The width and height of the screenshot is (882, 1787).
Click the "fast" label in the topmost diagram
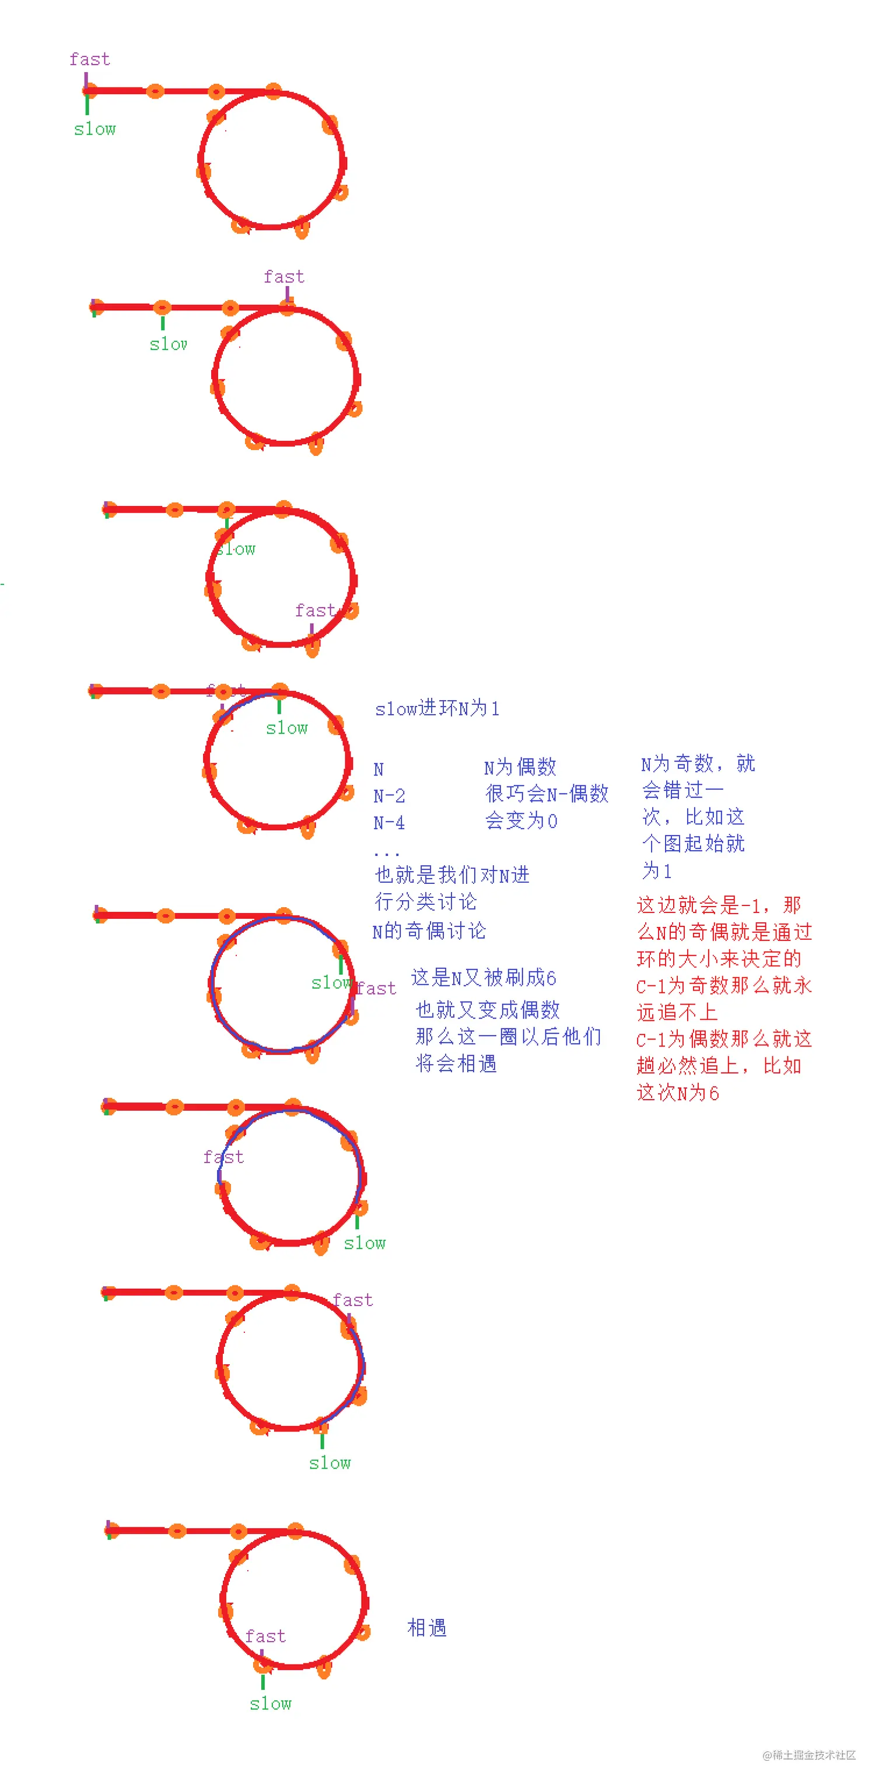89,59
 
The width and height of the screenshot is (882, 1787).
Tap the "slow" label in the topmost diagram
95,129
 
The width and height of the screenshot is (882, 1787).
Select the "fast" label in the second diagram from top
284,277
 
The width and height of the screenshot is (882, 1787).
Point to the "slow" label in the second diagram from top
169,344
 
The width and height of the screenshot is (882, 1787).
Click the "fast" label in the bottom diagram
265,1637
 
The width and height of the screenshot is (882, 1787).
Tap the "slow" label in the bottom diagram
271,1704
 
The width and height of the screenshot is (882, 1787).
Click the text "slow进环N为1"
436,708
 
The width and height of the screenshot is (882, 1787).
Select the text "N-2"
389,796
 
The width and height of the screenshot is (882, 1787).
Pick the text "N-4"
389,823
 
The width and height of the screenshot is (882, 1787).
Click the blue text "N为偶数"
520,767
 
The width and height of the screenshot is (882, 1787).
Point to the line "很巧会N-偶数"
547,793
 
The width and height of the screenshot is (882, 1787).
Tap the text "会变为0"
521,821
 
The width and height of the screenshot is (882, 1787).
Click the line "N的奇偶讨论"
429,931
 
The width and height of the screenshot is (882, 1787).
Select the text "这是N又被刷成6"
484,977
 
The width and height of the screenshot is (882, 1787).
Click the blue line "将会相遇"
456,1063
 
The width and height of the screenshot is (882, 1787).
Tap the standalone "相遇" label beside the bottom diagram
427,1627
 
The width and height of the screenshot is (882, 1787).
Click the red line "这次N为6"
677,1093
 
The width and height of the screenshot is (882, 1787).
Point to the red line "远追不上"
677,1012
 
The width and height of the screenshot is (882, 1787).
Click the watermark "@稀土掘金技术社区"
808,1755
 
